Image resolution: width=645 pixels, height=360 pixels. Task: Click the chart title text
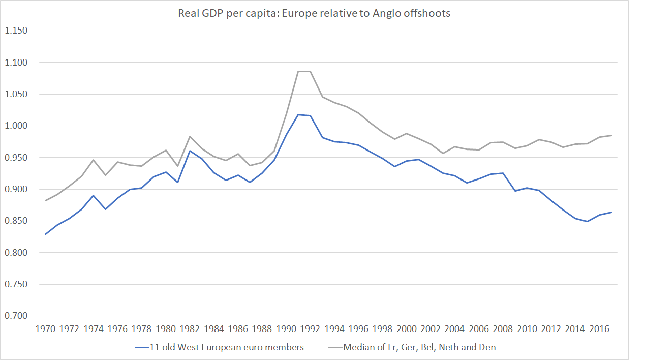(x=314, y=13)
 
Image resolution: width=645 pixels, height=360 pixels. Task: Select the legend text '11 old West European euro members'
(x=227, y=348)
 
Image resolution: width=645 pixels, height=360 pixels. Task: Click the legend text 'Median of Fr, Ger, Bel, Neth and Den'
(x=419, y=348)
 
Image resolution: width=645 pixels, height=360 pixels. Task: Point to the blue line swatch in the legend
(x=141, y=348)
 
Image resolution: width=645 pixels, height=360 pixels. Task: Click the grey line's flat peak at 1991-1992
(x=304, y=71)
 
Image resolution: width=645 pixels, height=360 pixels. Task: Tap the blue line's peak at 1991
(x=298, y=114)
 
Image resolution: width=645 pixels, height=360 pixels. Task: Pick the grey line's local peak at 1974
(x=94, y=160)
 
